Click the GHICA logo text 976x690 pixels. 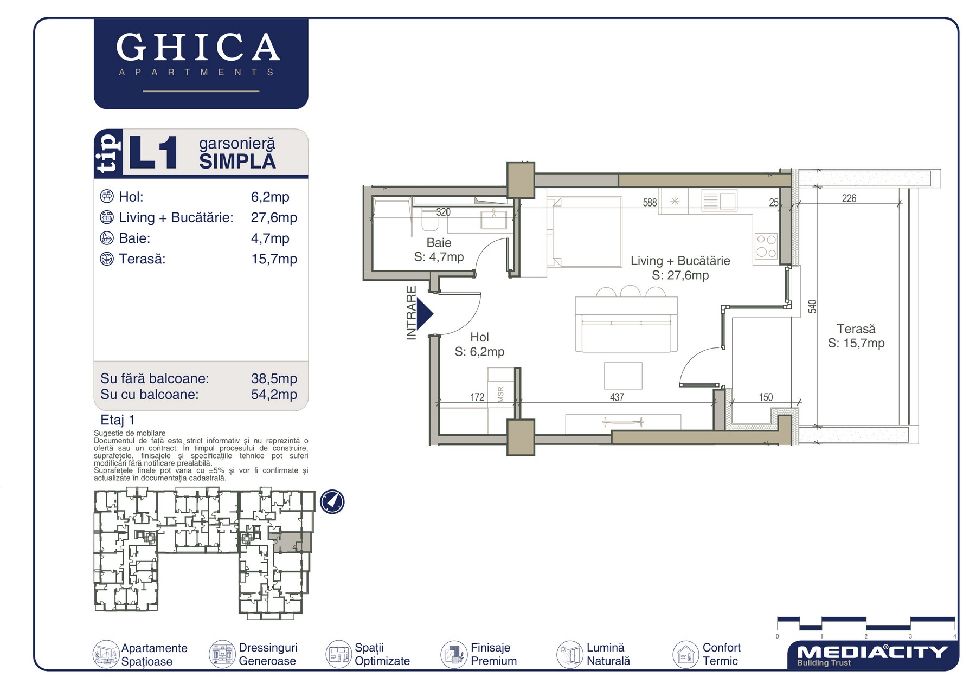point(198,47)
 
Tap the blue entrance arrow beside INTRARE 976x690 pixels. point(425,314)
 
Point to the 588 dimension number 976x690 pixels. point(650,203)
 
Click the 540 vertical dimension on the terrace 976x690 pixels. point(812,307)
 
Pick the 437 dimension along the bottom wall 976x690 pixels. point(617,397)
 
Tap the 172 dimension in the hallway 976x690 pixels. point(477,397)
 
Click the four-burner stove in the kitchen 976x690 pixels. point(766,246)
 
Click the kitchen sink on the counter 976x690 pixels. point(718,201)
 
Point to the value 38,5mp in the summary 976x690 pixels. point(274,378)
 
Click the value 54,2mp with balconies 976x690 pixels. point(274,394)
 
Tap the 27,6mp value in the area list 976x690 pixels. point(274,217)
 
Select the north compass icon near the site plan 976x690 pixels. point(332,501)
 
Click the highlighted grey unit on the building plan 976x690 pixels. point(291,542)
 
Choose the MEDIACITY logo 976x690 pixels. point(872,655)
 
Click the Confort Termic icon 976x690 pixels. point(685,654)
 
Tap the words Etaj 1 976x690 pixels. point(118,420)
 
